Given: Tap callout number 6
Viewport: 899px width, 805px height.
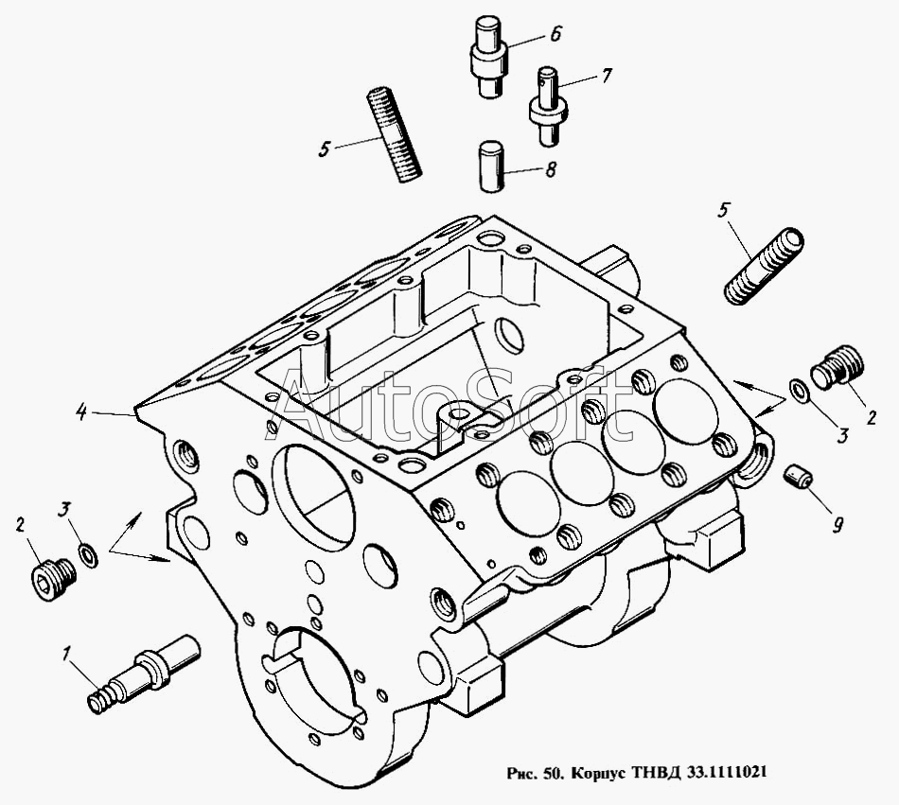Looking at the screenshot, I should click(x=554, y=35).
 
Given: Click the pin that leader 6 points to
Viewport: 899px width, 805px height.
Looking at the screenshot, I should click(x=489, y=56).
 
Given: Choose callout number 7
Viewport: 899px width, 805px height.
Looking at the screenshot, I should click(x=607, y=74).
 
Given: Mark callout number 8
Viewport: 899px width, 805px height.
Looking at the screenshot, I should click(x=550, y=170).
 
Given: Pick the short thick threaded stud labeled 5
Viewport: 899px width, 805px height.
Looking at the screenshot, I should click(x=762, y=266).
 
